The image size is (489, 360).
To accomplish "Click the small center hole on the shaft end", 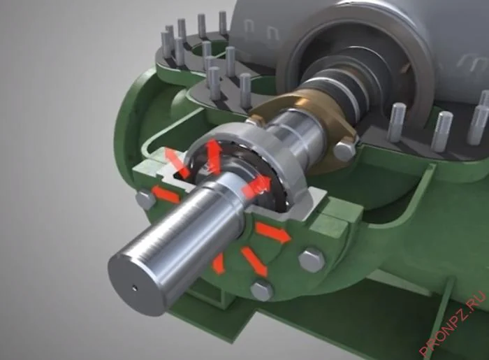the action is (134, 287).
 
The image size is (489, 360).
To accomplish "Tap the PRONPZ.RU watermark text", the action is (453, 324).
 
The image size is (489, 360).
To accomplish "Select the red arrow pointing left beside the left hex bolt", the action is (166, 194).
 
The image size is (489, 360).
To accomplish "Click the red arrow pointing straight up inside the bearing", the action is (213, 156).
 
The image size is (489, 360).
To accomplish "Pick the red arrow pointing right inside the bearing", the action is (256, 187).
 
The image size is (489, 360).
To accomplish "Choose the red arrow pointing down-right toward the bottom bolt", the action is (254, 261).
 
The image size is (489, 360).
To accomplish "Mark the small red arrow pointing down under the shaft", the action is (218, 264).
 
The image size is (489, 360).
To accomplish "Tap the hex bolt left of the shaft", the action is (146, 200).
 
